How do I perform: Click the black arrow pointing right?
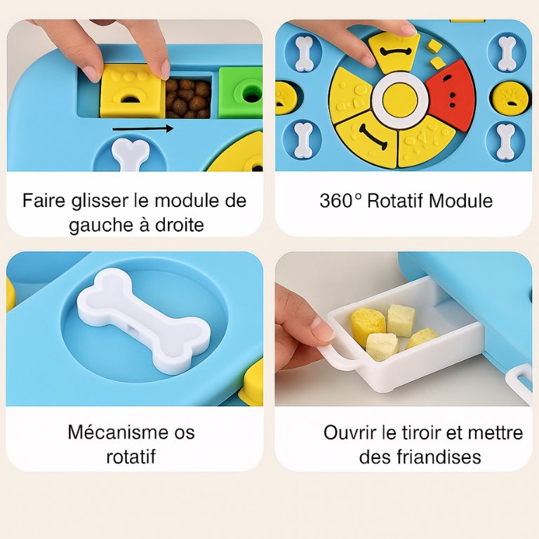tap(143, 129)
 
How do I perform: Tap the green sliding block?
tap(241, 92)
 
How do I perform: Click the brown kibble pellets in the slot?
tap(188, 98)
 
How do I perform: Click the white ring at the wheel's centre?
tap(400, 100)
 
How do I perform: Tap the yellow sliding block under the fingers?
tap(132, 91)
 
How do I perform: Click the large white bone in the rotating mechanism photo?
tap(143, 321)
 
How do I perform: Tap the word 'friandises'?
tap(439, 457)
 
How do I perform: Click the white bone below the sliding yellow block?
tap(131, 154)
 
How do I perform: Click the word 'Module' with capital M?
tap(460, 201)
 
